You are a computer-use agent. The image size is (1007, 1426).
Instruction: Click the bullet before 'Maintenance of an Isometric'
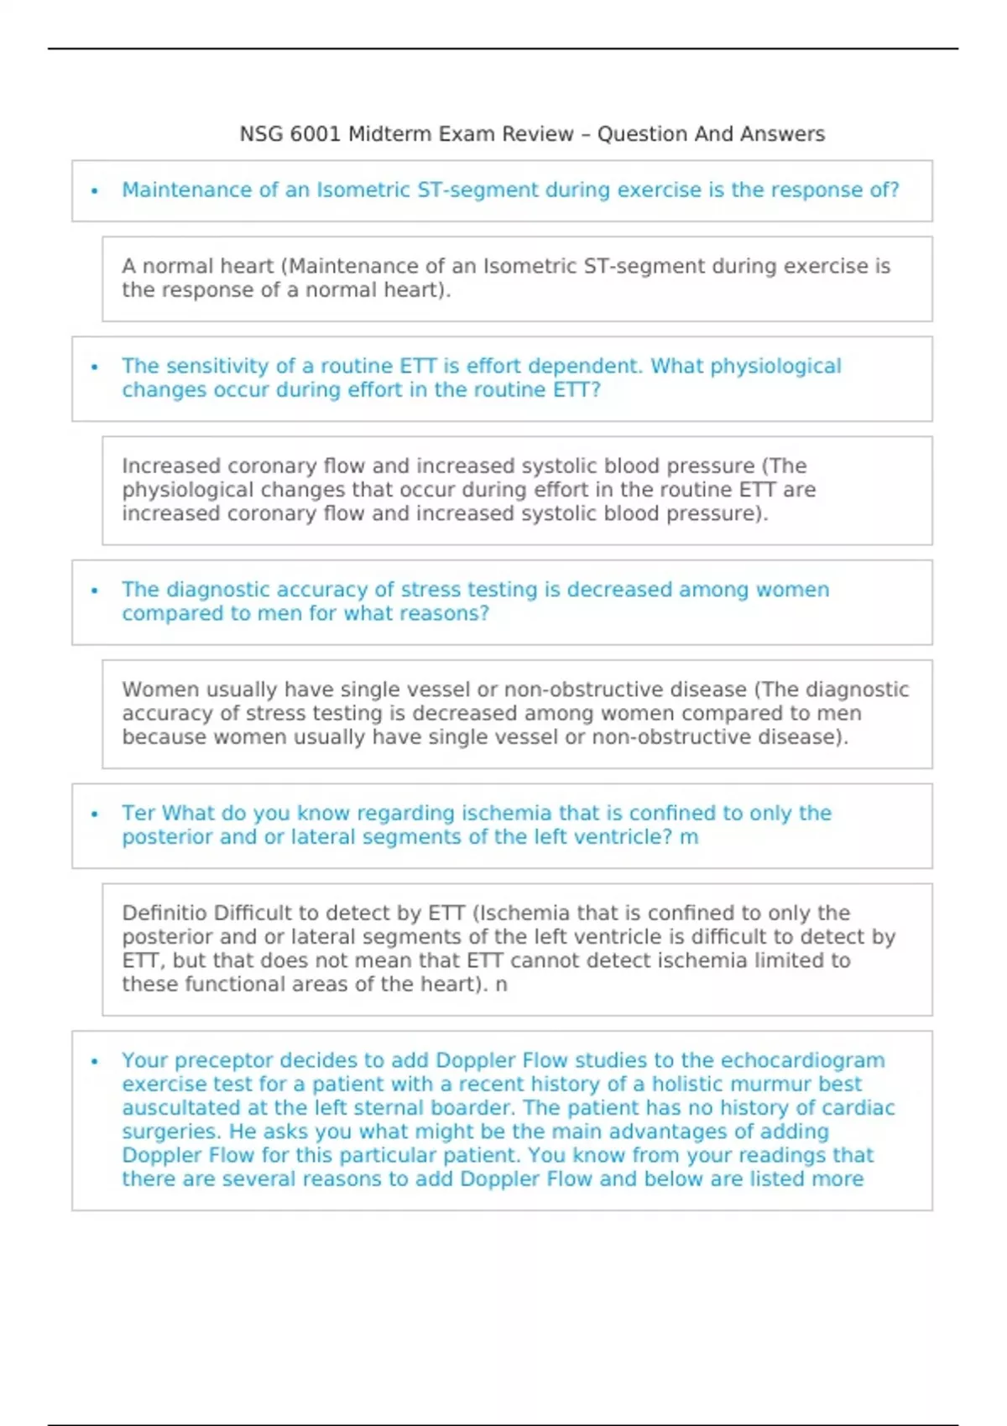tap(95, 191)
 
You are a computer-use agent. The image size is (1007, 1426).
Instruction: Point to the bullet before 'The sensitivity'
tap(95, 367)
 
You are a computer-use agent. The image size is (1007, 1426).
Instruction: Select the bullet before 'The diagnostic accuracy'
tap(95, 591)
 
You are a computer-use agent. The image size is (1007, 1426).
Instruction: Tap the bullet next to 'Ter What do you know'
tap(95, 814)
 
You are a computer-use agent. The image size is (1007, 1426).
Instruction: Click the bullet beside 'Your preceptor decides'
tap(95, 1061)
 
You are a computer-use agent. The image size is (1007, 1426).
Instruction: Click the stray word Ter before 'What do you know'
tap(138, 814)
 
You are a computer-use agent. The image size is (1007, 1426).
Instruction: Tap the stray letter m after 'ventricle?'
tap(689, 837)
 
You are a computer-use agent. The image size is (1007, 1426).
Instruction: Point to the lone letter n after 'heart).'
tap(501, 984)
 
